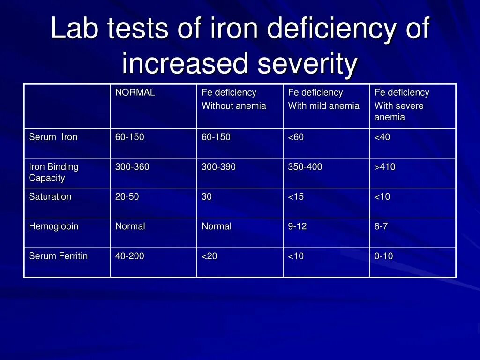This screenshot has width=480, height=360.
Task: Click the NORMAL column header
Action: (x=135, y=93)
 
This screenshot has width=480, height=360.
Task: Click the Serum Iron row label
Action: (x=53, y=137)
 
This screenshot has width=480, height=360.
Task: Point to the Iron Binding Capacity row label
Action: (x=53, y=172)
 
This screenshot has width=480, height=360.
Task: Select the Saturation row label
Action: (x=50, y=197)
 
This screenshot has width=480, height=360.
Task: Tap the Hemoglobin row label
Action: (x=53, y=226)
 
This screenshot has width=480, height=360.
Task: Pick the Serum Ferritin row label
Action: (x=58, y=256)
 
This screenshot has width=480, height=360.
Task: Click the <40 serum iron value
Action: (x=382, y=137)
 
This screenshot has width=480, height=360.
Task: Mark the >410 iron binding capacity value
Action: (x=384, y=167)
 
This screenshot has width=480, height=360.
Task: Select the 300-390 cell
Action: (x=218, y=167)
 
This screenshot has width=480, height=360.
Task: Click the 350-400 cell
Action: (x=305, y=167)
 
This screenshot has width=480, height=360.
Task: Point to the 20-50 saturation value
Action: (x=127, y=197)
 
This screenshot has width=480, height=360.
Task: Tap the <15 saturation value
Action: (x=296, y=197)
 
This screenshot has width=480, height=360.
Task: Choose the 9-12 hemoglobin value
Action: (x=297, y=226)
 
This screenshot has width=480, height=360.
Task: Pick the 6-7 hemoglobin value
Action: (x=381, y=226)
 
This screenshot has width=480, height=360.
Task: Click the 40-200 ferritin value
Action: (x=130, y=256)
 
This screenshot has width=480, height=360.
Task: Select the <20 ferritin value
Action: (x=210, y=256)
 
